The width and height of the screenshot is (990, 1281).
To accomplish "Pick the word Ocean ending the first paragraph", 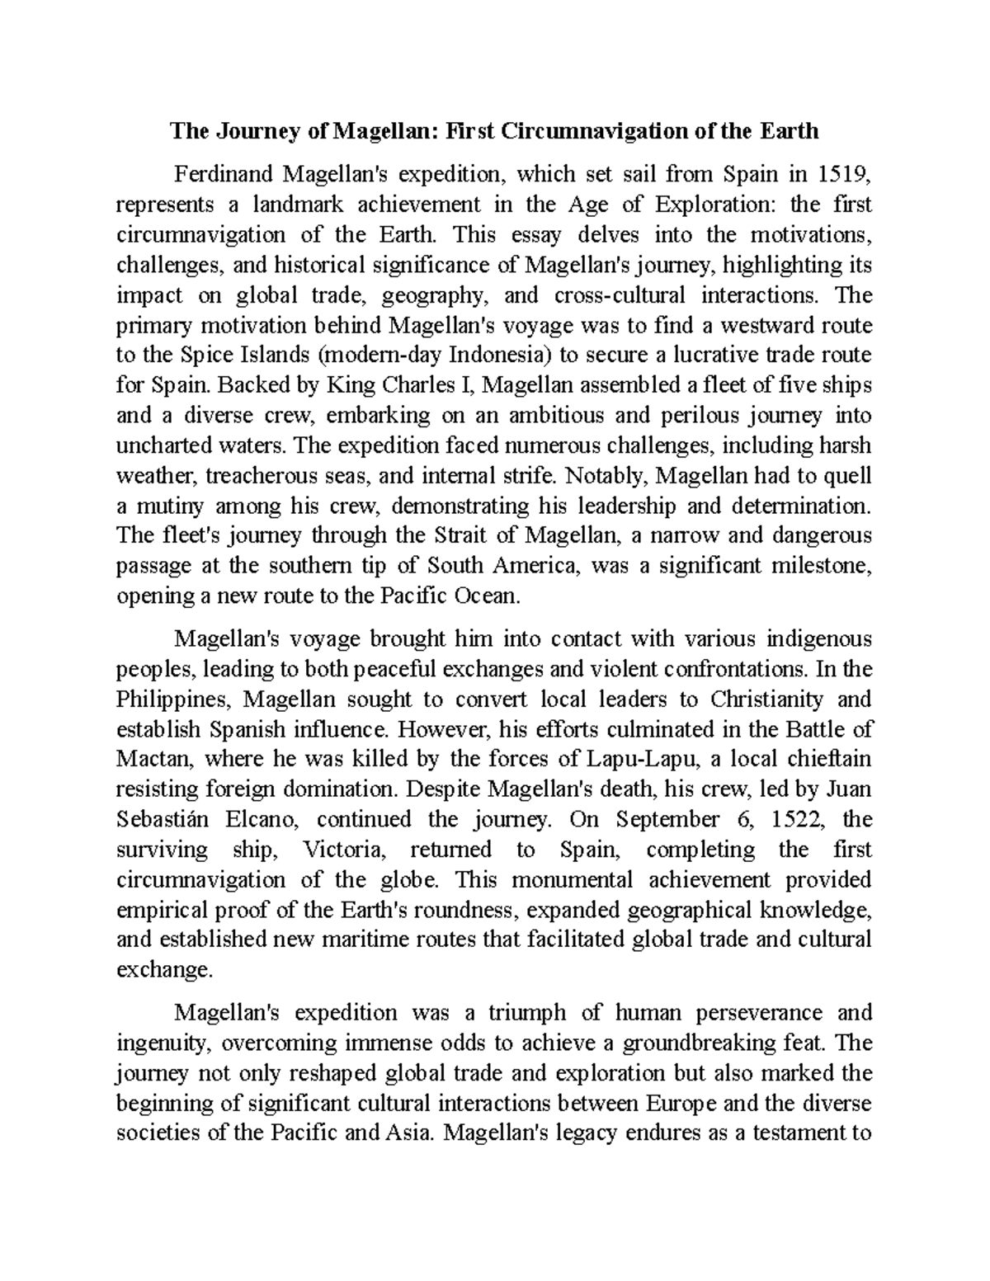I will coord(487,596).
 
